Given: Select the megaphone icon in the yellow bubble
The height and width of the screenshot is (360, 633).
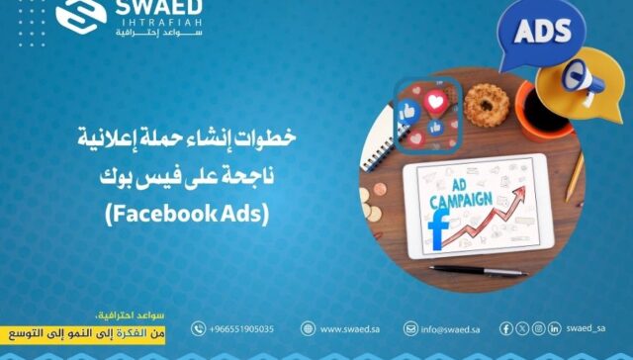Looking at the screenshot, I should click(584, 76).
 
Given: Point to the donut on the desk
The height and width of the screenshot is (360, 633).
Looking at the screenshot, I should click(485, 102).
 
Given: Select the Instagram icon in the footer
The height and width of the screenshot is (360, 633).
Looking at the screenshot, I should click(538, 328).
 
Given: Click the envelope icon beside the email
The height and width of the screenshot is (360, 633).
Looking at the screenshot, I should click(410, 328).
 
